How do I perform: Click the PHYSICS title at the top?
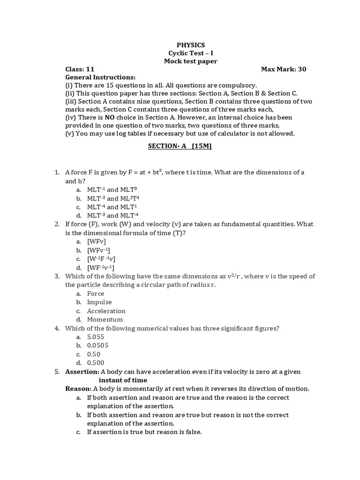[191, 45]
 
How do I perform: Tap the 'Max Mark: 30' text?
[284, 69]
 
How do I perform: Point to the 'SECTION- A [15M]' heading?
[180, 146]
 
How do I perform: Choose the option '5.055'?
[96, 337]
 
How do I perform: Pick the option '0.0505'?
[97, 345]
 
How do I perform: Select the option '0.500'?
[96, 363]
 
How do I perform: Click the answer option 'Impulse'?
[99, 302]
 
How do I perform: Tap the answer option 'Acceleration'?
[106, 311]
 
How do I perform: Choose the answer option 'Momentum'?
[104, 320]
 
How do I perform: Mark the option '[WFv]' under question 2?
[96, 241]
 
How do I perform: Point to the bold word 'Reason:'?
[78, 389]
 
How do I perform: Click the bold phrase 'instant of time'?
[123, 380]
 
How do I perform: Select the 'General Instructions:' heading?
[100, 77]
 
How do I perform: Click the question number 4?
[57, 329]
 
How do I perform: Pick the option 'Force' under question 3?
[96, 293]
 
